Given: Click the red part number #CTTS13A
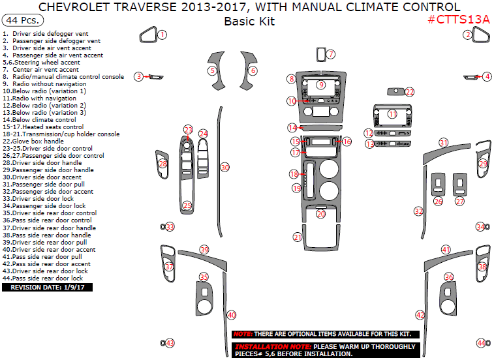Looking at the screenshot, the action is pyautogui.click(x=459, y=20).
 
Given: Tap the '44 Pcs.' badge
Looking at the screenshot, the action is pyautogui.click(x=23, y=20).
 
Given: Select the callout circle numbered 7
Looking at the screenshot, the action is pyautogui.click(x=331, y=54).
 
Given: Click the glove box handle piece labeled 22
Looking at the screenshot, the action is pyautogui.click(x=395, y=91).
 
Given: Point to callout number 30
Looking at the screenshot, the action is pyautogui.click(x=224, y=168).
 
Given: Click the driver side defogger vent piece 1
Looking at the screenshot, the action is pyautogui.click(x=148, y=35).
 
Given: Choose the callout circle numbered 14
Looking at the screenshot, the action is pyautogui.click(x=292, y=128).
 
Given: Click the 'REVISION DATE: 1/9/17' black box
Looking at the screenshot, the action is pyautogui.click(x=47, y=287).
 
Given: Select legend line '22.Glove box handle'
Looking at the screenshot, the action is pyautogui.click(x=33, y=141).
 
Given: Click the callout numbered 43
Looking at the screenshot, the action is pyautogui.click(x=170, y=343).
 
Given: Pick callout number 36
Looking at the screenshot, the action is pyautogui.click(x=448, y=277).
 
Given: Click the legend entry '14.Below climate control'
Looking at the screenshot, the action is pyautogui.click(x=39, y=120).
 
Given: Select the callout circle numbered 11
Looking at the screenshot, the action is pyautogui.click(x=392, y=114).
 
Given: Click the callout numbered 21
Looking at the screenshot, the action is pyautogui.click(x=298, y=237).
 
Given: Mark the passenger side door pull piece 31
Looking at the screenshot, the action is pyautogui.click(x=446, y=152).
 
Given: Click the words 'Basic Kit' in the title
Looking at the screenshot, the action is pyautogui.click(x=249, y=22).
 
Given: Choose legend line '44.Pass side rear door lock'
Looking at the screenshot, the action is pyautogui.click(x=42, y=278).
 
